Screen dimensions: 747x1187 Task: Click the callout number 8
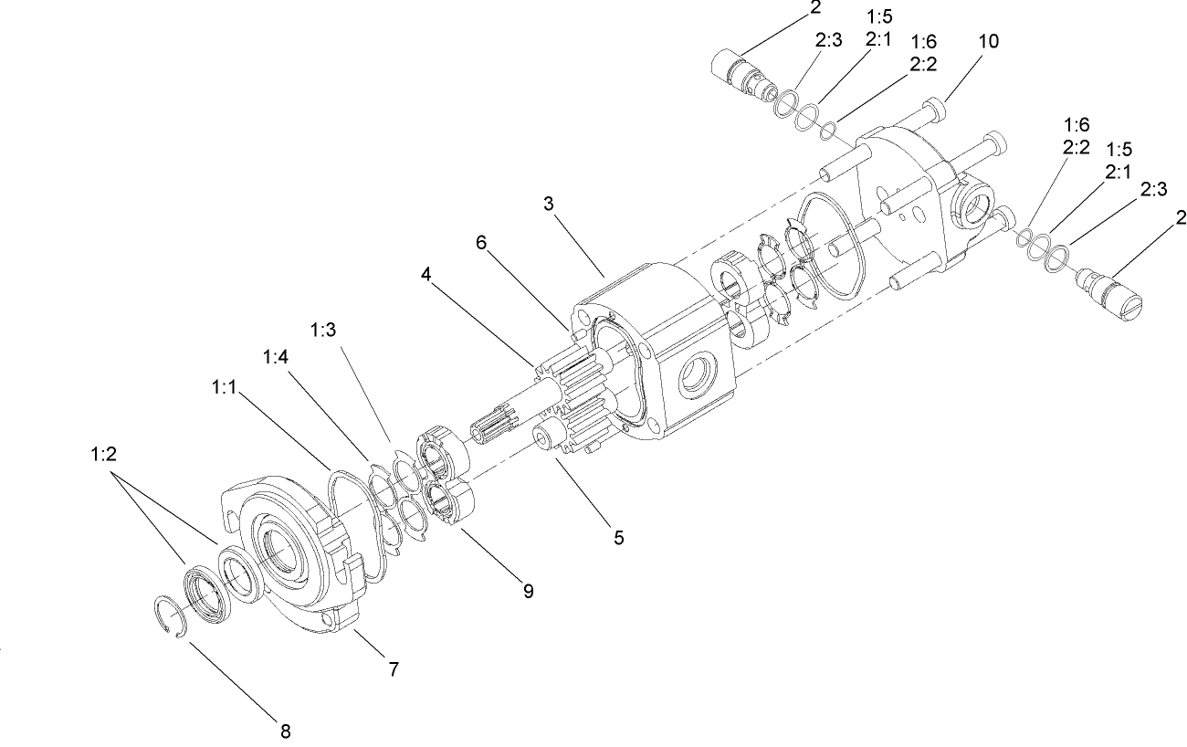point(286,730)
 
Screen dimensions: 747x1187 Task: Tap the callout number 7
point(394,669)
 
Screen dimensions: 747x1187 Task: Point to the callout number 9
point(528,591)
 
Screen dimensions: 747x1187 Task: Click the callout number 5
point(618,537)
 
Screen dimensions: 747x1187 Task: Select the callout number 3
point(549,204)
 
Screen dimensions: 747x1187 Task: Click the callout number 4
point(425,273)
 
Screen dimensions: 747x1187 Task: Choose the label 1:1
point(225,388)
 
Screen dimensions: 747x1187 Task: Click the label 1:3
point(324,330)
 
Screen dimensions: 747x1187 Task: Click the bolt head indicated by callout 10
point(933,110)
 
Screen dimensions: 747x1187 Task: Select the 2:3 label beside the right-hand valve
point(1153,189)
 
